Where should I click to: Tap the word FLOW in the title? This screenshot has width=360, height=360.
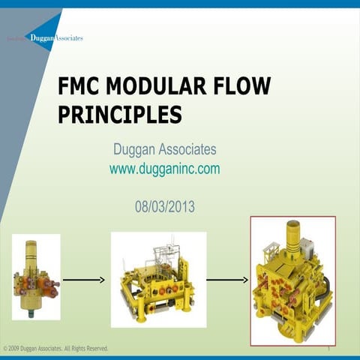pos(238,87)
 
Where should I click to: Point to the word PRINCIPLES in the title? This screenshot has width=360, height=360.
pos(120,114)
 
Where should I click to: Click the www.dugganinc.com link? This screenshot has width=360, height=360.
pos(164,169)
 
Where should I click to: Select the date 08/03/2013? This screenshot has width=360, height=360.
pos(164,205)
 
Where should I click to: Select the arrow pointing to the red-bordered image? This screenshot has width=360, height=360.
pos(226,280)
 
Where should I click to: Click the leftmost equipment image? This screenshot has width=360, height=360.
pos(36,277)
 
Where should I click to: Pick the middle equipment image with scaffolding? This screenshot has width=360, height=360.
pos(157,280)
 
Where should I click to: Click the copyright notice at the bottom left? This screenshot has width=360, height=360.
pos(56,349)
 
